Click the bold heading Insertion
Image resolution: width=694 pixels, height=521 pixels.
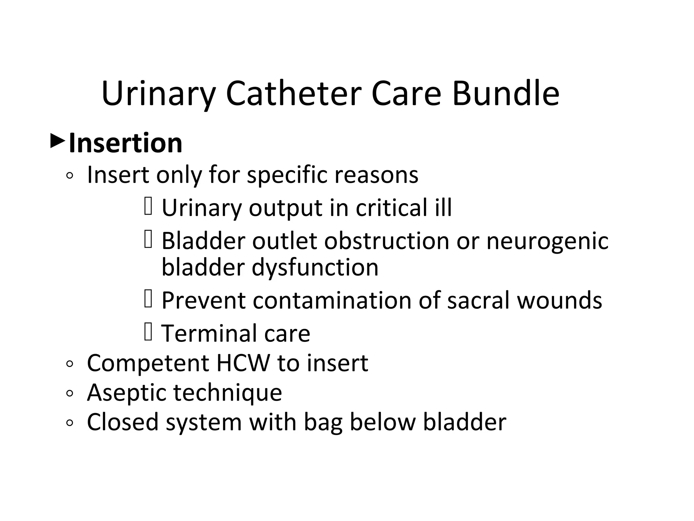pos(126,143)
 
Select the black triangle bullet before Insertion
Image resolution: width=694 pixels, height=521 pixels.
pos(57,141)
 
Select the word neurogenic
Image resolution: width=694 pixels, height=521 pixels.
pos(547,241)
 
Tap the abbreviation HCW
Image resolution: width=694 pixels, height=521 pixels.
pos(243,363)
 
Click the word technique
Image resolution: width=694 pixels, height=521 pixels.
pos(228,393)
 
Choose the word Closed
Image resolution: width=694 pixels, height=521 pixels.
pos(123,422)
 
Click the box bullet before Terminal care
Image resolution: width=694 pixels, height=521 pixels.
pos(148,331)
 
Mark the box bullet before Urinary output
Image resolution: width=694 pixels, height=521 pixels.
pos(148,206)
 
